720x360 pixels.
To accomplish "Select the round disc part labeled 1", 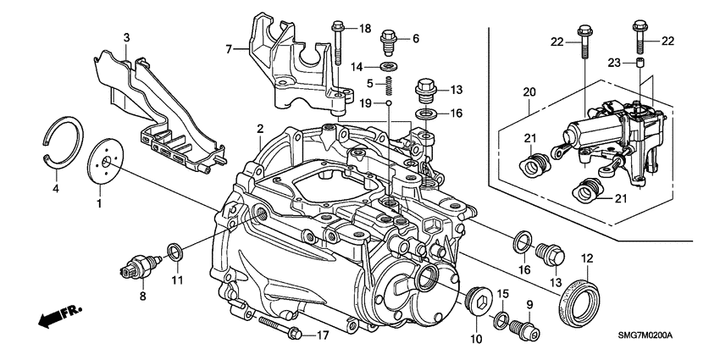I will tap(103, 160).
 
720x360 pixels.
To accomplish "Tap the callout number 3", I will tap(126, 38).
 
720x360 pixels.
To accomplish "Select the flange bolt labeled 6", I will tap(390, 39).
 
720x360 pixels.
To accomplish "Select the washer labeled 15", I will tap(501, 319).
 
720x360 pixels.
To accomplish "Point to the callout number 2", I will tap(261, 128).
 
